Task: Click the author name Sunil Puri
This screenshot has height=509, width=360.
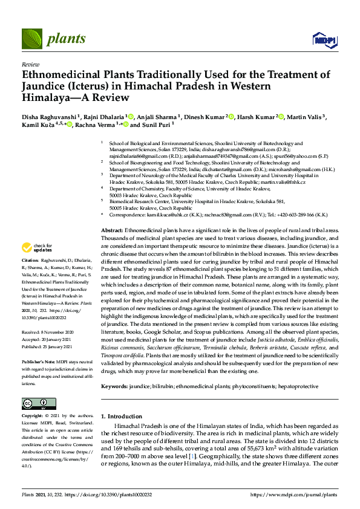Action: [155, 125]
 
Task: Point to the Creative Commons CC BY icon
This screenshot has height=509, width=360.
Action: [35, 404]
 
